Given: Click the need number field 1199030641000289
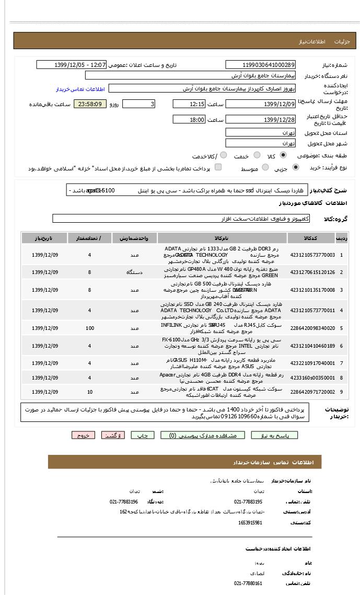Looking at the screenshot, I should pyautogui.click(x=260, y=65).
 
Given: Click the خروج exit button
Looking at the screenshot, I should pyautogui.click(x=83, y=436).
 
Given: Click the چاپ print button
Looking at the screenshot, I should pyautogui.click(x=142, y=436).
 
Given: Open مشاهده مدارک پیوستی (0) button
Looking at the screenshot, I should pyautogui.click(x=202, y=436).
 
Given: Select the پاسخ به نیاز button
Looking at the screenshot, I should pyautogui.click(x=274, y=436).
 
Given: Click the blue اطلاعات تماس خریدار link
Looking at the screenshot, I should pyautogui.click(x=80, y=89).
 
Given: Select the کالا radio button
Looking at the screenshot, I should pyautogui.click(x=283, y=155).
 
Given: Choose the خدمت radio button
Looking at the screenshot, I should pyautogui.click(x=257, y=155).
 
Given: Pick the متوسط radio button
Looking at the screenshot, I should pyautogui.click(x=265, y=167).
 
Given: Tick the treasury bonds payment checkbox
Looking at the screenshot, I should pyautogui.click(x=218, y=167).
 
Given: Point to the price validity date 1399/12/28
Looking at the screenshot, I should pyautogui.click(x=260, y=120).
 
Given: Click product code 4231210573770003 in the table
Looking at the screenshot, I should pyautogui.click(x=312, y=255).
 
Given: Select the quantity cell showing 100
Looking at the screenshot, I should pyautogui.click(x=90, y=328).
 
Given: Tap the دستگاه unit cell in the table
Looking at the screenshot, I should pyautogui.click(x=135, y=272).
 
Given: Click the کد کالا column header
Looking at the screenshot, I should pyautogui.click(x=317, y=238).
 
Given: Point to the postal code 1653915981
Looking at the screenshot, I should pyautogui.click(x=250, y=523).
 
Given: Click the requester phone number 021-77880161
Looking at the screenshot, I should pyautogui.click(x=248, y=583).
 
